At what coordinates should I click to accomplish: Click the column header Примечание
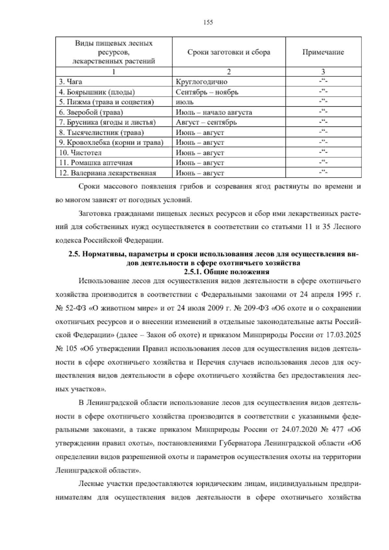click(x=323, y=52)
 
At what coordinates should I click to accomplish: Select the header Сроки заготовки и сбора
click(x=229, y=52)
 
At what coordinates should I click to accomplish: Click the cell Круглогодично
click(x=202, y=82)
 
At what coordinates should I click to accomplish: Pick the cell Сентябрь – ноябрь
click(x=207, y=92)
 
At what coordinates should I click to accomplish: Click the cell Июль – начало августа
click(x=214, y=113)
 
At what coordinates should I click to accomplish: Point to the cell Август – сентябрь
click(x=206, y=123)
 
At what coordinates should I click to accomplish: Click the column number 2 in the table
click(x=229, y=72)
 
